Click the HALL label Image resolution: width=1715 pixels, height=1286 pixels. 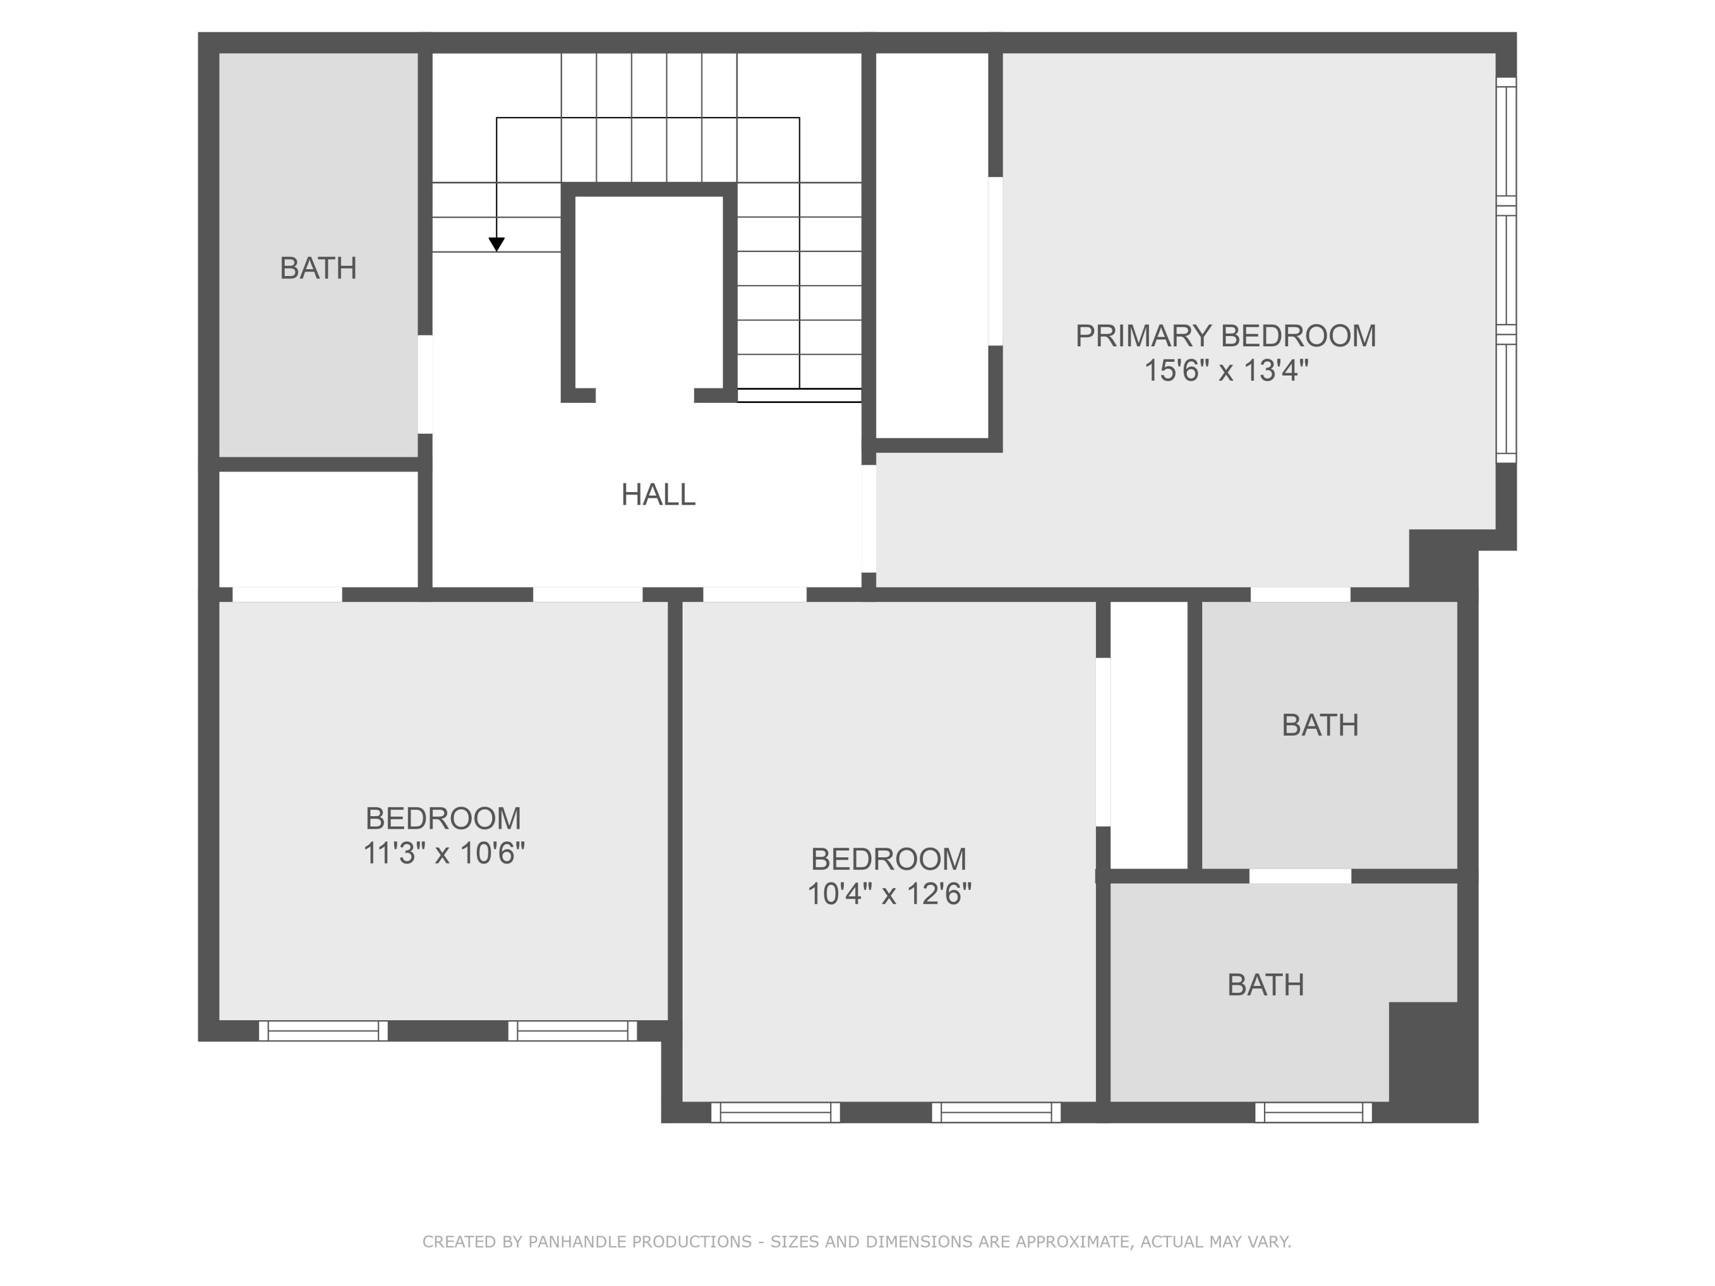[658, 494]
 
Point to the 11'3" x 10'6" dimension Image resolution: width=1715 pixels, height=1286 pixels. [444, 853]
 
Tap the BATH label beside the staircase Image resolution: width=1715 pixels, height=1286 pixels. [318, 268]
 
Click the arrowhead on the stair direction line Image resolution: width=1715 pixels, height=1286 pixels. [497, 244]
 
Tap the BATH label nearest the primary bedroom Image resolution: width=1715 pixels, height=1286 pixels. [1319, 725]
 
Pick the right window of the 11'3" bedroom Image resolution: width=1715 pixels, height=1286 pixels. [572, 1031]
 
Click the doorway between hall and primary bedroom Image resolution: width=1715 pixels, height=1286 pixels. [869, 518]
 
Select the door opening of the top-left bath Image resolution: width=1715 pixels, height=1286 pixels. [425, 385]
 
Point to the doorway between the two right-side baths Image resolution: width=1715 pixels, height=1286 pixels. [1300, 876]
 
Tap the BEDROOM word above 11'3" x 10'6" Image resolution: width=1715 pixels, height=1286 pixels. [444, 818]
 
